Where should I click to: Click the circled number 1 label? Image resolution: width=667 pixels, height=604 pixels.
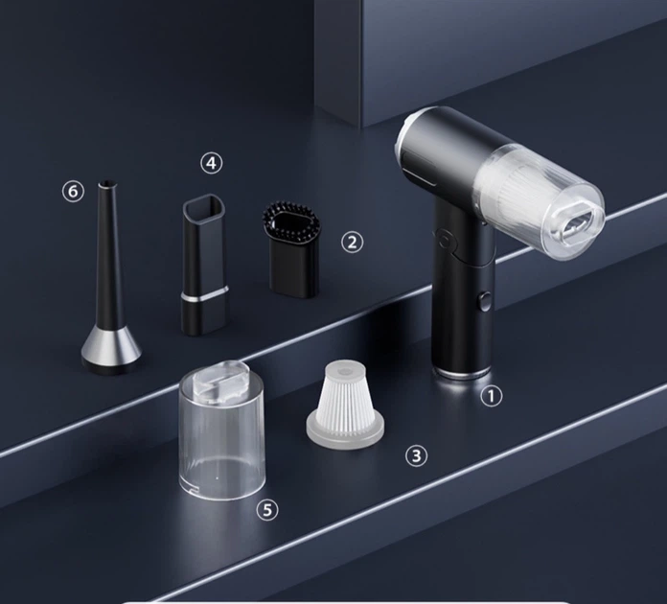pos(492,396)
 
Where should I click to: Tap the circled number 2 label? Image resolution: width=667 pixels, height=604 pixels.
pos(353,243)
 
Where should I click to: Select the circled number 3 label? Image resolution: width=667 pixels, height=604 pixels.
pos(417,455)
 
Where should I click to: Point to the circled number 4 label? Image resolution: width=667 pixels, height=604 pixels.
pos(212,163)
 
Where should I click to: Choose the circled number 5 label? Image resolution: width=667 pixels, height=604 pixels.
pos(267,509)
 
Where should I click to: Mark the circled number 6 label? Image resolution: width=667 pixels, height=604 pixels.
pos(74,192)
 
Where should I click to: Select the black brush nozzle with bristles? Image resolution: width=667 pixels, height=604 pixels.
pos(292,249)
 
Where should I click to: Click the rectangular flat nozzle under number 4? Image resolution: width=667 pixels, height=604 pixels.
pos(204,264)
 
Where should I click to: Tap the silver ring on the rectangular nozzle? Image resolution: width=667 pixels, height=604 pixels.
pos(205,295)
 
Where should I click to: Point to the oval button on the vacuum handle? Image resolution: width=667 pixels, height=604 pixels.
pos(484,301)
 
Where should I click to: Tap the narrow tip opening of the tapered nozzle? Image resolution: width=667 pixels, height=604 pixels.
pos(107,184)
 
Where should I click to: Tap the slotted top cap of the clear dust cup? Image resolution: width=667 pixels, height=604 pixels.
pos(220,381)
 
